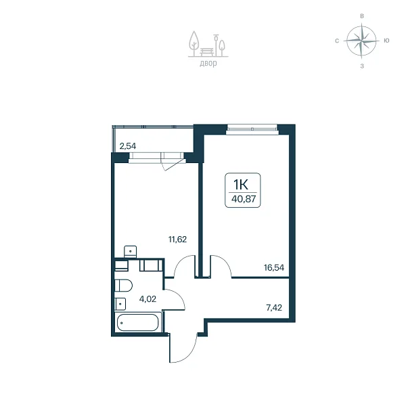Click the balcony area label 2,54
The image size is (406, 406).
(x=128, y=146)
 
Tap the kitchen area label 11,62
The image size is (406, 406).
(x=177, y=240)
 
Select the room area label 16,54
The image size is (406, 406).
(x=274, y=267)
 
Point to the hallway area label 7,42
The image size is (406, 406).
(x=274, y=308)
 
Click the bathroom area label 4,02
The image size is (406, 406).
(x=148, y=299)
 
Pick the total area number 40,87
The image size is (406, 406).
(x=244, y=199)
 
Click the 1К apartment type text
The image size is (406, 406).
(x=241, y=184)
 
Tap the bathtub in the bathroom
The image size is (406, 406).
(x=137, y=323)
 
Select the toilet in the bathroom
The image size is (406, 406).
(x=124, y=286)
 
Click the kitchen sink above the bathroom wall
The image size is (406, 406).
(x=130, y=252)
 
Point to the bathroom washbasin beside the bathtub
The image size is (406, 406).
(x=120, y=304)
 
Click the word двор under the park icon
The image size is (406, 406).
(x=208, y=63)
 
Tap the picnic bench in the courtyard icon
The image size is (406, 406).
(x=207, y=51)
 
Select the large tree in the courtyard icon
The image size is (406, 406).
(x=194, y=43)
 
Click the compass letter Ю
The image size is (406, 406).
(x=386, y=41)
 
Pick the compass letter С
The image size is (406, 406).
(x=337, y=41)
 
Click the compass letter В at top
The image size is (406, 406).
(x=362, y=16)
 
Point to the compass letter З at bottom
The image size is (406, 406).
(x=362, y=66)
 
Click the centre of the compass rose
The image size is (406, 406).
(x=361, y=41)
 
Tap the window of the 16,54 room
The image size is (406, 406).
(x=252, y=130)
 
